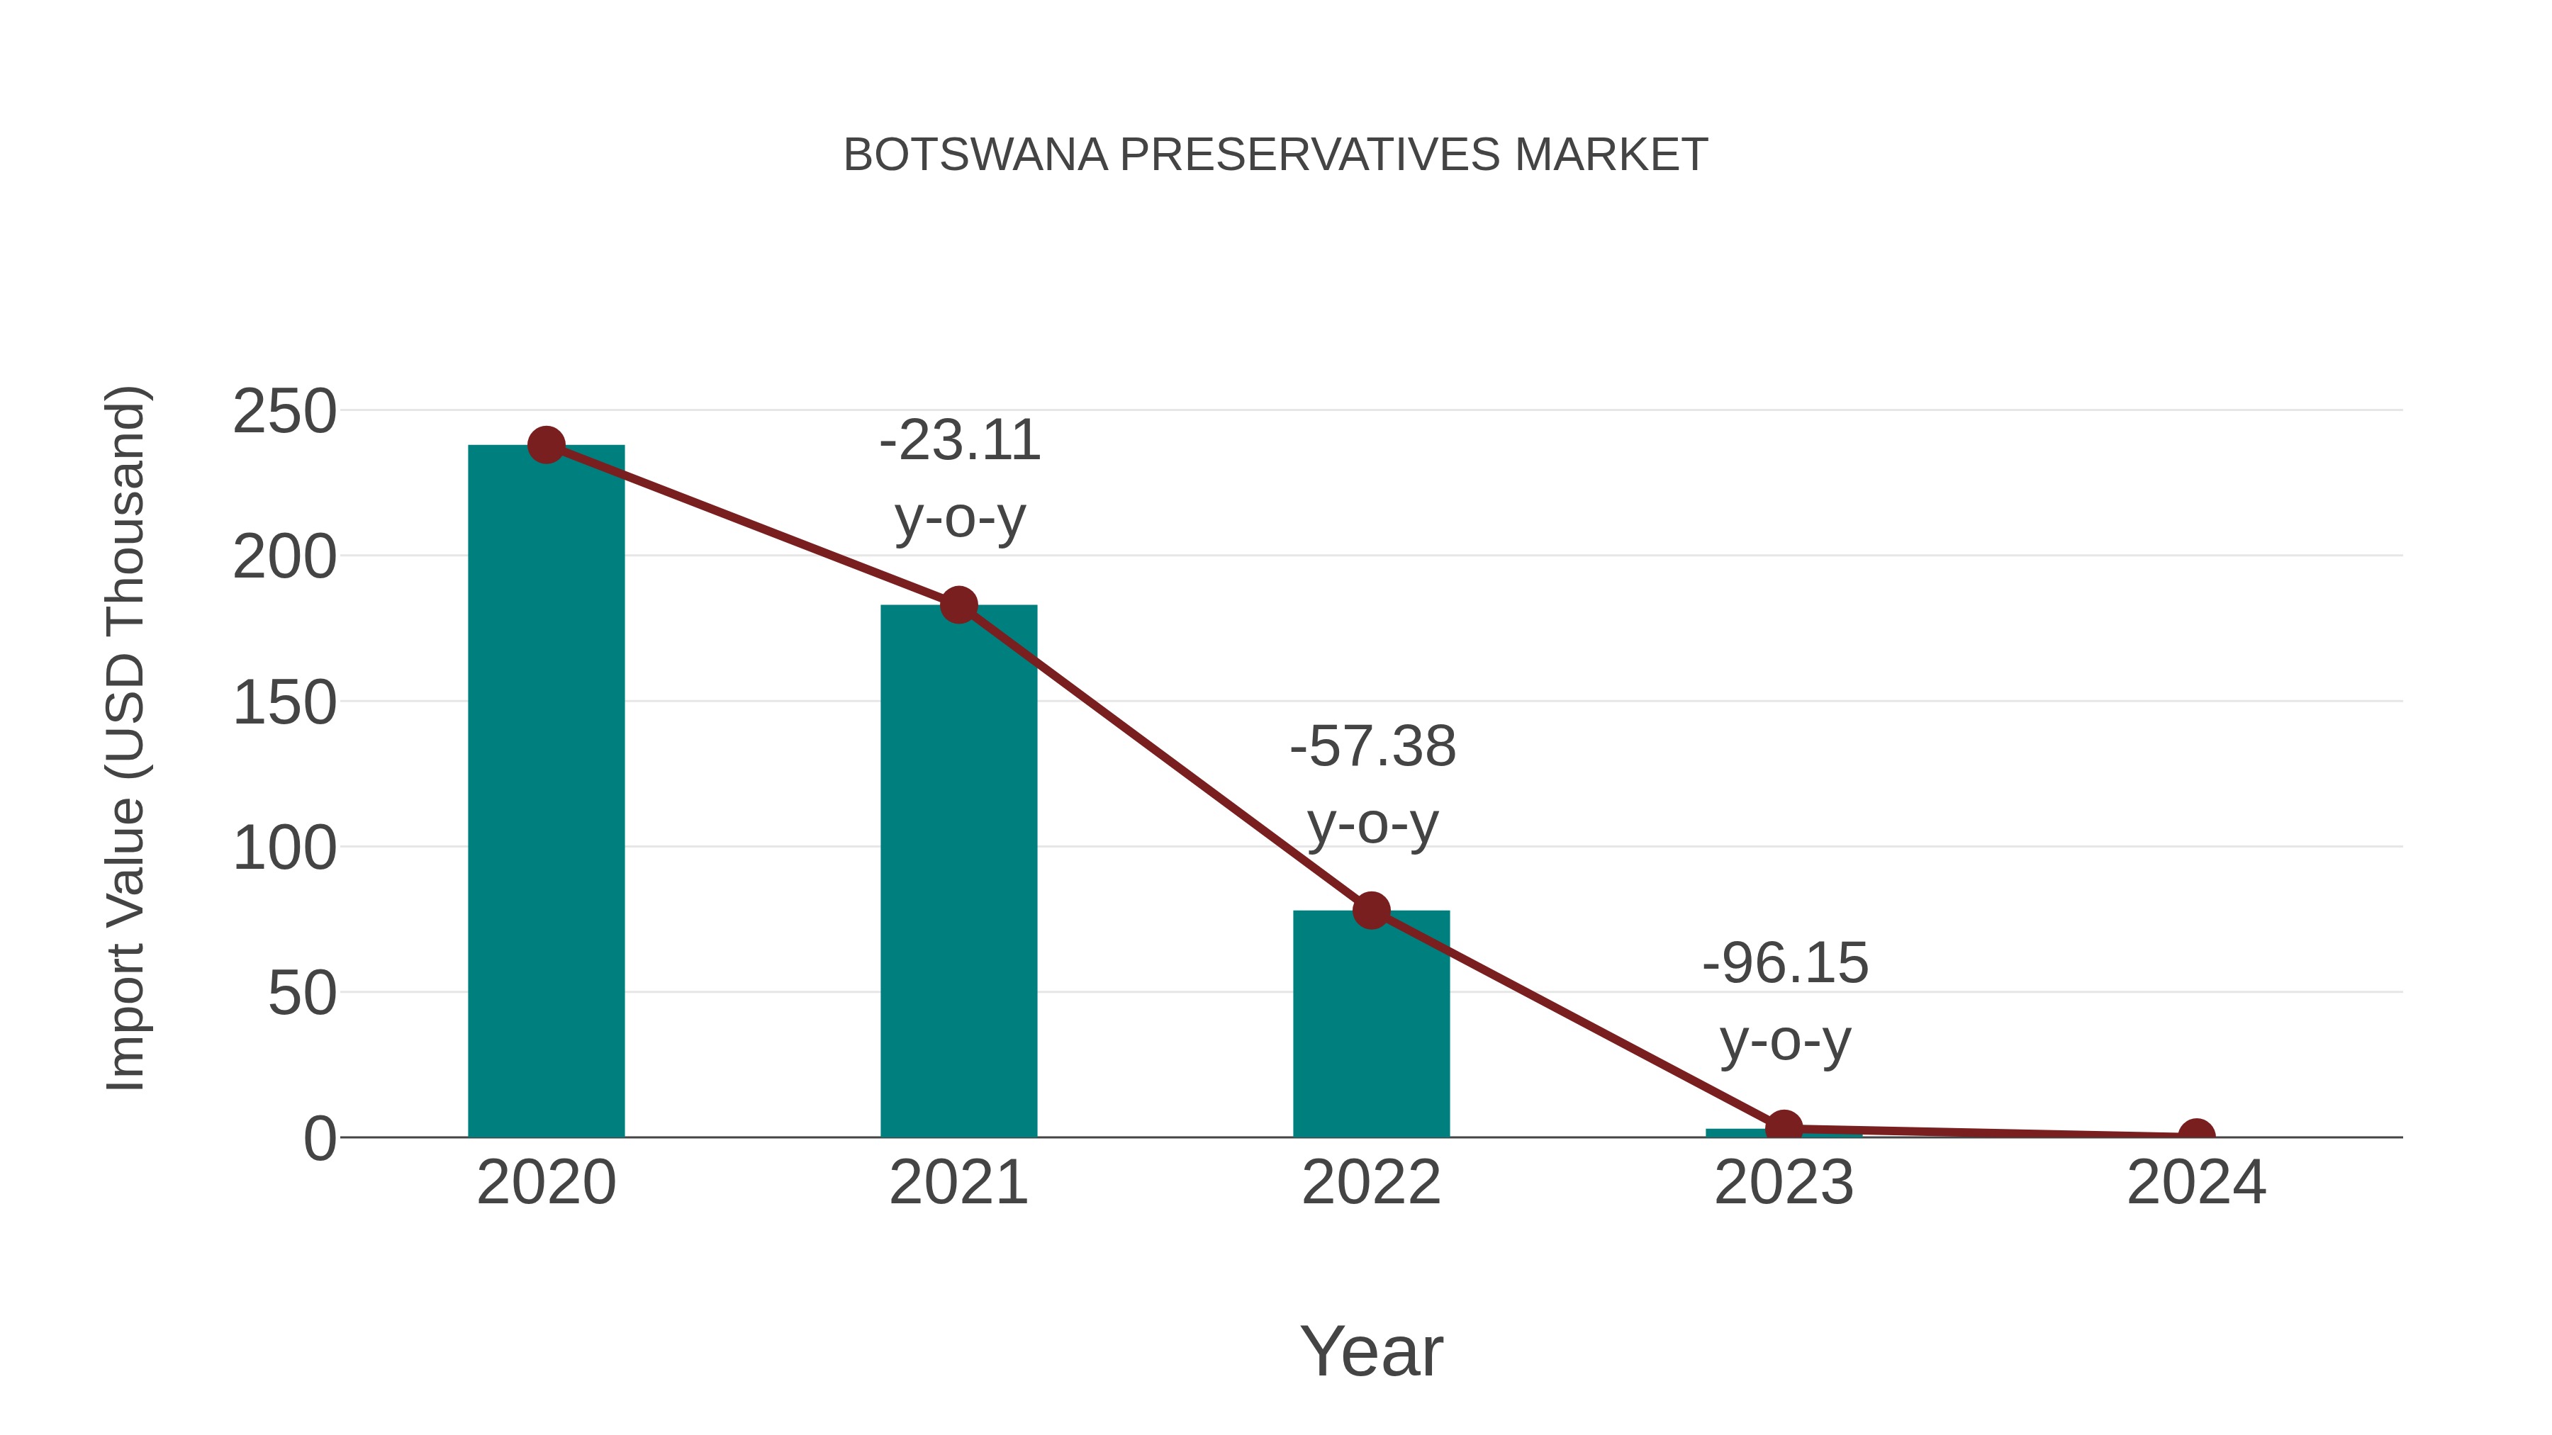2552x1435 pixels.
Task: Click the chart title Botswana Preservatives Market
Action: pyautogui.click(x=1275, y=155)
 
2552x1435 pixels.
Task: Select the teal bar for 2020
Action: pyautogui.click(x=546, y=792)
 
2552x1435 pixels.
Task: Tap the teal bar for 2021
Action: pyautogui.click(x=958, y=872)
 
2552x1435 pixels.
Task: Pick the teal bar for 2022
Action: pyautogui.click(x=1371, y=1025)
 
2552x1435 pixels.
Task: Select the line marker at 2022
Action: pyautogui.click(x=1371, y=910)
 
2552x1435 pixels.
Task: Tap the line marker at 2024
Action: pyautogui.click(x=2196, y=1135)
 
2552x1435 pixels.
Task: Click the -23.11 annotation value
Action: pyautogui.click(x=960, y=441)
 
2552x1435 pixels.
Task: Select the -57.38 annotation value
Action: pyautogui.click(x=1372, y=747)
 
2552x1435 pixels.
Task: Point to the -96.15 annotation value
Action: pyautogui.click(x=1785, y=964)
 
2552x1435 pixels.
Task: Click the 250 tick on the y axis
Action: pyautogui.click(x=284, y=412)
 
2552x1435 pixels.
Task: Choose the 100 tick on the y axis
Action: pyautogui.click(x=284, y=849)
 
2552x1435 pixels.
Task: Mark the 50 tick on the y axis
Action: pyautogui.click(x=302, y=994)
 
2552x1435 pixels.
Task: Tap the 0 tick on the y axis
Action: pyautogui.click(x=320, y=1139)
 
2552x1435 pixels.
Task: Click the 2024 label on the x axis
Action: pyautogui.click(x=2196, y=1183)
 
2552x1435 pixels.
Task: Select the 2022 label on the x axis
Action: pyautogui.click(x=1371, y=1183)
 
